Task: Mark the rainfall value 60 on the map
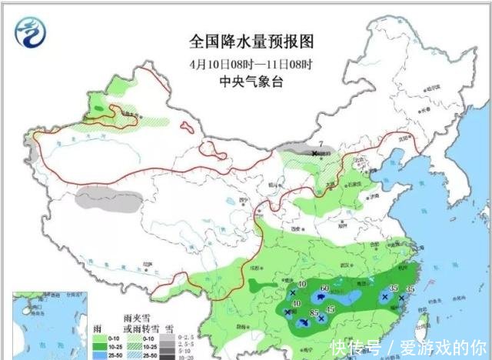(324, 288)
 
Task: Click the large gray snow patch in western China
(109, 199)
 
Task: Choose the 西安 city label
(293, 228)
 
